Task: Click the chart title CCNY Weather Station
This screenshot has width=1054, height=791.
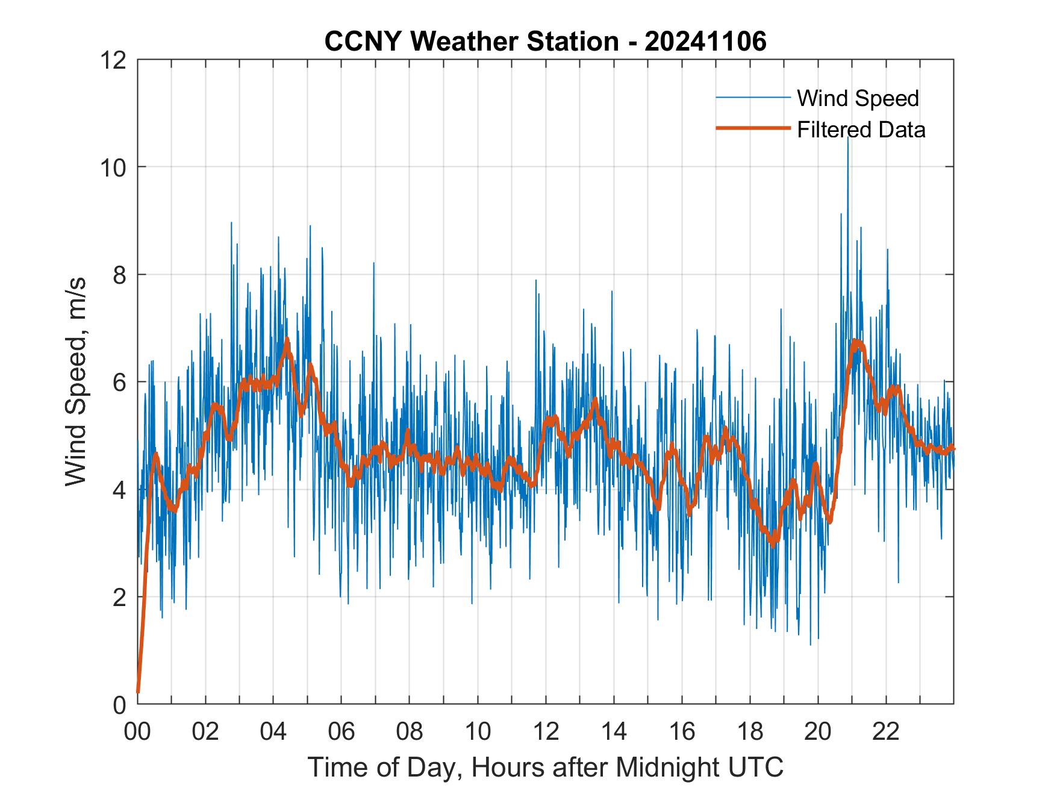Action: click(545, 42)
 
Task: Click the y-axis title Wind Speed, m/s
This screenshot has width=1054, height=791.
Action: click(76, 381)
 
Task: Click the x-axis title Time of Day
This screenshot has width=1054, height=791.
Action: click(545, 767)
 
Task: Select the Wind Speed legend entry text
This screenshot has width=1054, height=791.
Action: click(858, 98)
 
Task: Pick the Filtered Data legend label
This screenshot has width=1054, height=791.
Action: click(861, 130)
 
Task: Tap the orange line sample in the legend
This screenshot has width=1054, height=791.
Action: click(753, 128)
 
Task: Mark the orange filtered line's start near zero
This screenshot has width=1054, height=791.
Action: click(139, 692)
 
